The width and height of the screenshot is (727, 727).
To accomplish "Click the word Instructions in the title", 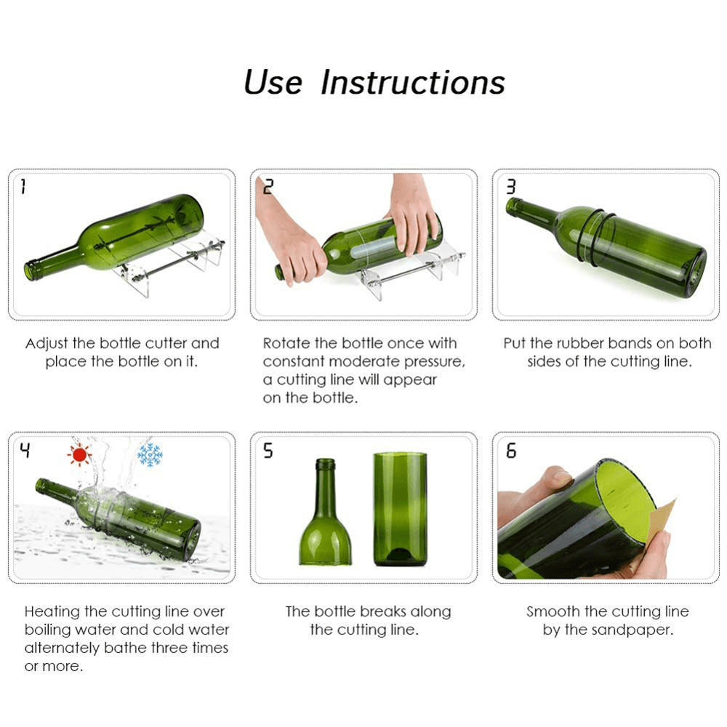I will pyautogui.click(x=413, y=83).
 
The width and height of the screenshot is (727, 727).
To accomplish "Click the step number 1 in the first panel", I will pyautogui.click(x=23, y=188).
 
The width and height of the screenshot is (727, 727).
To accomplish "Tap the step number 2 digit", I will pyautogui.click(x=268, y=188).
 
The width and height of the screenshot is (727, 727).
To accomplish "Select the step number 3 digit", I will pyautogui.click(x=510, y=188).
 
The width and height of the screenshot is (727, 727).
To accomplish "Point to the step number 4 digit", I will pyautogui.click(x=25, y=451).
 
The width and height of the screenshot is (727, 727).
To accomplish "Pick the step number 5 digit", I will pyautogui.click(x=268, y=451).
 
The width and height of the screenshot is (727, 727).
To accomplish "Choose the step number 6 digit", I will pyautogui.click(x=510, y=451).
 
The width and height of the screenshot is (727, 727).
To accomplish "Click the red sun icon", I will pyautogui.click(x=79, y=454).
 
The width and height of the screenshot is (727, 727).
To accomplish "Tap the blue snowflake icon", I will pyautogui.click(x=150, y=454).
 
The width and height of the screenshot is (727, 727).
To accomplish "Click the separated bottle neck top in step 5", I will pyautogui.click(x=325, y=516).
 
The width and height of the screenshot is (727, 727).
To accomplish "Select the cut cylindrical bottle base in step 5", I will pyautogui.click(x=400, y=509).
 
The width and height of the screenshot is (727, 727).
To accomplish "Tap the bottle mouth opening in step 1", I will pyautogui.click(x=30, y=271).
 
